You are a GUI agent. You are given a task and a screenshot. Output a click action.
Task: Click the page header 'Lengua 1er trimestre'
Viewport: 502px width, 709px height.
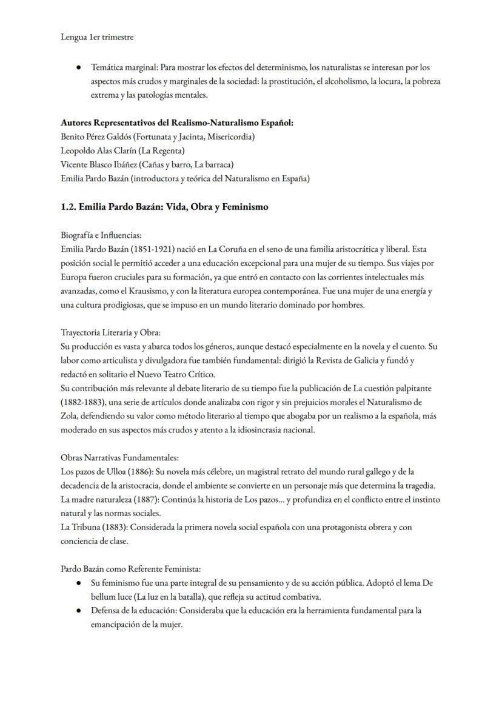point(97,37)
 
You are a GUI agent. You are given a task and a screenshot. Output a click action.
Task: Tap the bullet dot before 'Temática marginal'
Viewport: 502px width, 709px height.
point(79,67)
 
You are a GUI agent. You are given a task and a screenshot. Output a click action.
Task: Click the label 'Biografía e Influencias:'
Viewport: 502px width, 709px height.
point(101,235)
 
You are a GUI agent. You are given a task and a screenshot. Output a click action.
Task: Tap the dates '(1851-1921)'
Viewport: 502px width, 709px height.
point(150,249)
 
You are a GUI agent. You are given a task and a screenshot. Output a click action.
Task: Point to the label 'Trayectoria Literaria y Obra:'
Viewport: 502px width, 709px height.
point(110,333)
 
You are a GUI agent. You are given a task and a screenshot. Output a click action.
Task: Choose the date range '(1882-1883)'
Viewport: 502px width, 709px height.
point(84,402)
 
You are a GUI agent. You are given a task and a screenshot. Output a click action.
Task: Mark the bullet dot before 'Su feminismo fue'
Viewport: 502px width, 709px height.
point(79,583)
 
